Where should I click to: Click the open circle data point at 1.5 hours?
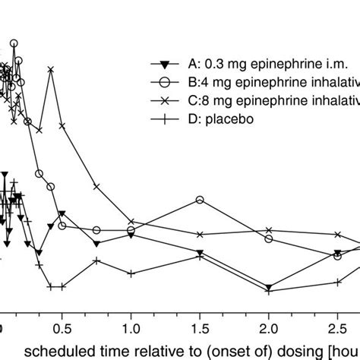(x=200, y=200)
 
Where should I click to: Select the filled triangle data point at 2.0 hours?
(x=269, y=288)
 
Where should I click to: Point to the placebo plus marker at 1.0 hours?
(x=131, y=273)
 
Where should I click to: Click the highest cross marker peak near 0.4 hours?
(x=51, y=70)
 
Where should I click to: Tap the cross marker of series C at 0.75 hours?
(x=96, y=186)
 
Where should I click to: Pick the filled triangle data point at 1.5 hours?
(x=200, y=253)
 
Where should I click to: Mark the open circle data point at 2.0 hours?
(x=269, y=239)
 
